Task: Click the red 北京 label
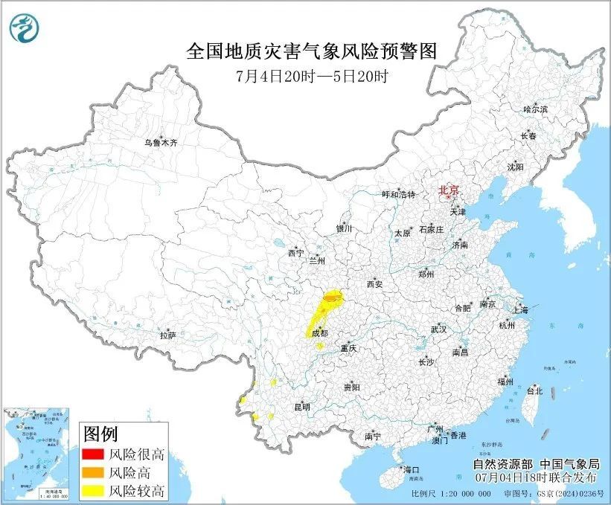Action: (450, 190)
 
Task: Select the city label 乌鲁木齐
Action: (161, 141)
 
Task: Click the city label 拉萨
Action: (167, 335)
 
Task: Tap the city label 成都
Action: (319, 334)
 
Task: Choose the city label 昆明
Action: (301, 407)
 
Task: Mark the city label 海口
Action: (411, 469)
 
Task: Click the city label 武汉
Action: (438, 329)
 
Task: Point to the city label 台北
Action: (534, 390)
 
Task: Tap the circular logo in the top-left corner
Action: (24, 29)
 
